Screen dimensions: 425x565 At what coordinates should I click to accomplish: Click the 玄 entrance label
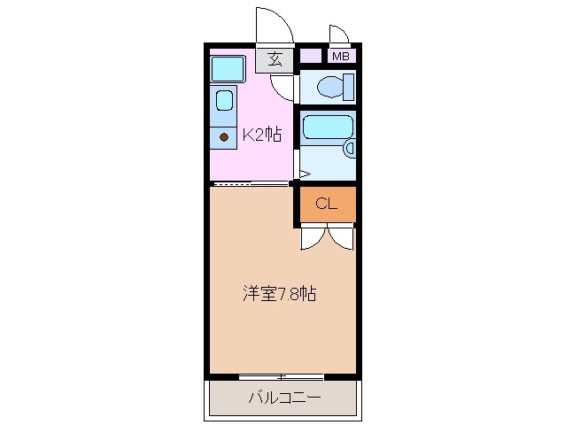[x=275, y=59]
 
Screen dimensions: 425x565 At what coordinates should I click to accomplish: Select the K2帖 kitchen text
[x=262, y=135]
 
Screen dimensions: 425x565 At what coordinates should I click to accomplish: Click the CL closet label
[x=326, y=205]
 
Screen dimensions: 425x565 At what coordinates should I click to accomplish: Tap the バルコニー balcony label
[x=283, y=398]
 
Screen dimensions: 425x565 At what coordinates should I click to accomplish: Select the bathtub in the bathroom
[x=327, y=127]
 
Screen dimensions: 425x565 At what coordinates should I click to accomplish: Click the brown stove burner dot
[x=224, y=137]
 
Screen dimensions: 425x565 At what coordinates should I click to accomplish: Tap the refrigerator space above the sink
[x=228, y=68]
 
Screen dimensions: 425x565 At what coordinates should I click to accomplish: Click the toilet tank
[x=349, y=88]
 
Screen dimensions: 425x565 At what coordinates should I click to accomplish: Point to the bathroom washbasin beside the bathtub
[x=349, y=150]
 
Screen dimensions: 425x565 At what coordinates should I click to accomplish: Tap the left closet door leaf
[x=313, y=237]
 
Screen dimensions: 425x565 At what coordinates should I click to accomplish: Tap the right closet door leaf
[x=342, y=237]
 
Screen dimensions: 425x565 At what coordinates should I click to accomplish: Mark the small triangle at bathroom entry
[x=304, y=174]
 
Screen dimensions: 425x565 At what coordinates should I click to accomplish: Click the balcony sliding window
[x=283, y=376]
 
